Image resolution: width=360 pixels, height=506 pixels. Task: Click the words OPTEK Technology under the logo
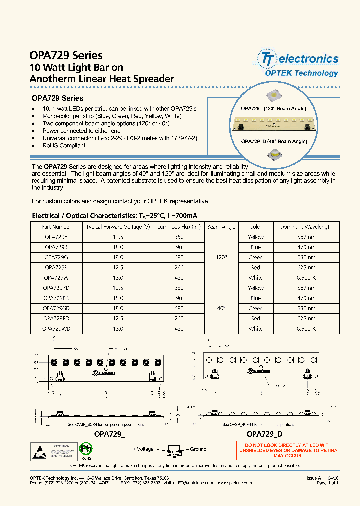pyautogui.click(x=301, y=73)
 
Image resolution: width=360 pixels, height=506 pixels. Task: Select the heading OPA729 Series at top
pyautogui.click(x=66, y=55)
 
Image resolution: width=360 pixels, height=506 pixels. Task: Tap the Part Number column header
pyautogui.click(x=56, y=227)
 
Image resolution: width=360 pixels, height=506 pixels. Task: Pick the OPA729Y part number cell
pyautogui.click(x=56, y=237)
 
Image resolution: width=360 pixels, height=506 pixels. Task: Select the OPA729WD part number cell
pyautogui.click(x=56, y=329)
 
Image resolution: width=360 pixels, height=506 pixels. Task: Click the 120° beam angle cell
pyautogui.click(x=221, y=257)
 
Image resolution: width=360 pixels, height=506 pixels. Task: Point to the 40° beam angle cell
pyautogui.click(x=221, y=308)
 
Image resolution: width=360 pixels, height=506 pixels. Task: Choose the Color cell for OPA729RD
pyautogui.click(x=255, y=318)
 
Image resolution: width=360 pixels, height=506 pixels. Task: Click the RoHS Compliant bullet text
pyautogui.click(x=64, y=146)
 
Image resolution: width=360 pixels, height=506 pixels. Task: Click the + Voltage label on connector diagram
pyautogui.click(x=145, y=449)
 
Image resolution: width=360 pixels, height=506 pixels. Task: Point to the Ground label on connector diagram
pyautogui.click(x=198, y=449)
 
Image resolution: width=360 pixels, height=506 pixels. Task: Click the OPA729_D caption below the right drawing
pyautogui.click(x=265, y=434)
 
